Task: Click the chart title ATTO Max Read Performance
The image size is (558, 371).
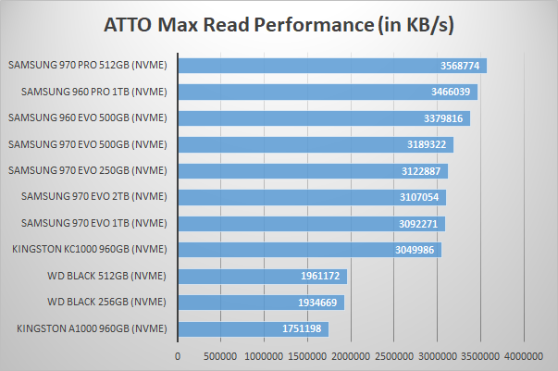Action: click(x=279, y=22)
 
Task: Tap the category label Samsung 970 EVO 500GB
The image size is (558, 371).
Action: click(x=87, y=144)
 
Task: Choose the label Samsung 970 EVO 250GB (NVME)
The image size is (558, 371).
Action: click(x=87, y=170)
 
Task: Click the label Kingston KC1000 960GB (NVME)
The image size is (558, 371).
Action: click(x=88, y=249)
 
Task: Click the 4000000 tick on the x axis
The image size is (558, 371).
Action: click(x=525, y=355)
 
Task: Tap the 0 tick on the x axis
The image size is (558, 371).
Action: click(x=178, y=355)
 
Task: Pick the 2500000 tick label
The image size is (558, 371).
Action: click(x=394, y=355)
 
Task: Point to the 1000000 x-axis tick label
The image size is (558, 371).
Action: click(x=264, y=355)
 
